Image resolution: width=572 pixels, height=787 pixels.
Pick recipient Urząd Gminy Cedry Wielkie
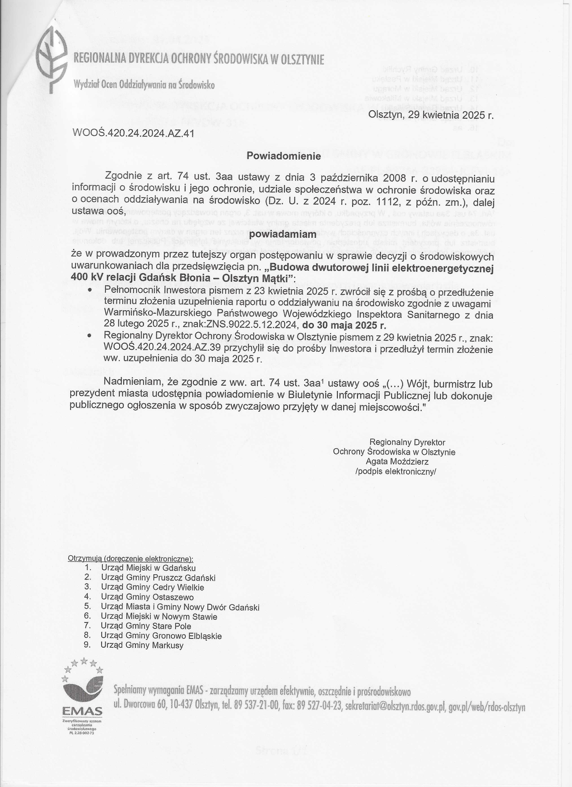click(x=153, y=587)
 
